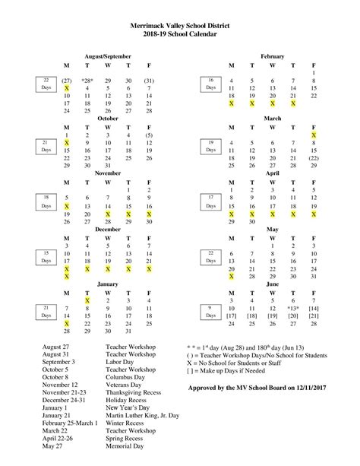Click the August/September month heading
point(107,57)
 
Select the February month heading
point(272,57)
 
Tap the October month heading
point(107,118)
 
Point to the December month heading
point(107,228)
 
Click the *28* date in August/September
point(87,80)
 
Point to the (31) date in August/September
point(149,80)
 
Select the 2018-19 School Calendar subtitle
point(180,35)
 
